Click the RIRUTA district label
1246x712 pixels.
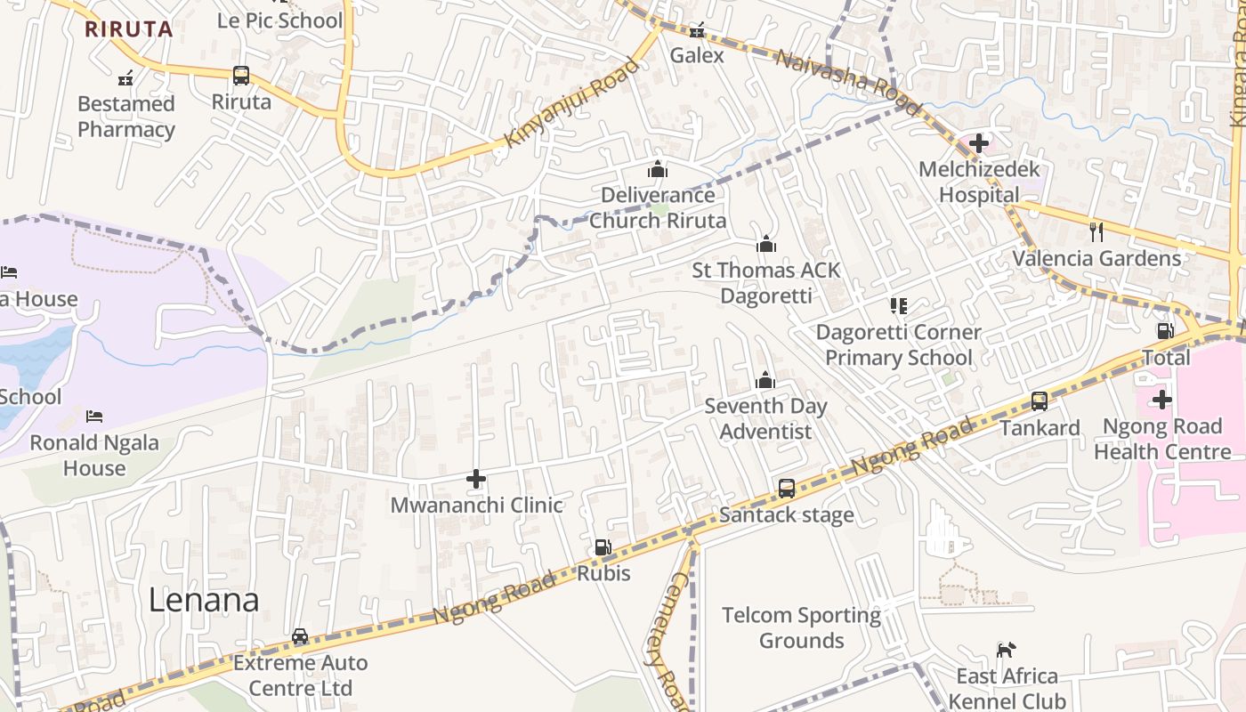[x=128, y=28]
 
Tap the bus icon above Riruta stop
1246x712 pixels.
[x=241, y=76]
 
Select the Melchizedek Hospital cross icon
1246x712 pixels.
[x=979, y=142]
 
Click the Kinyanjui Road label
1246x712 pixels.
[x=572, y=103]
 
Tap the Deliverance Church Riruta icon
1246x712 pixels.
[x=658, y=169]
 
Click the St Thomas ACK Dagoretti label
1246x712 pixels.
[x=765, y=282]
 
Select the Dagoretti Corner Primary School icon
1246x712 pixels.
[x=899, y=306]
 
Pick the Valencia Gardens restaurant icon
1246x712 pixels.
[x=1096, y=231]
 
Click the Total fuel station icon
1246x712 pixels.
[x=1165, y=331]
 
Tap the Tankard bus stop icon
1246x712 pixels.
[x=1040, y=401]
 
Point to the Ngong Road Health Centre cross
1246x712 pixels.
[x=1161, y=400]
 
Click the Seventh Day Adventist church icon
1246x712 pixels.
[x=765, y=381]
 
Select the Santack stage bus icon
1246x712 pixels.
[x=787, y=488]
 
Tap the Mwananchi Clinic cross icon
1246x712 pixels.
[x=476, y=480]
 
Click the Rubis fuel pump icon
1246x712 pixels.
[x=603, y=547]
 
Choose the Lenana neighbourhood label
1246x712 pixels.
[x=204, y=600]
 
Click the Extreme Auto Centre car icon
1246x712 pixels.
[x=300, y=636]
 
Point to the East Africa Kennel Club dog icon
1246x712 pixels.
[x=1006, y=650]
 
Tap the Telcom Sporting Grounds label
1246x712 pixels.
[x=801, y=627]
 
